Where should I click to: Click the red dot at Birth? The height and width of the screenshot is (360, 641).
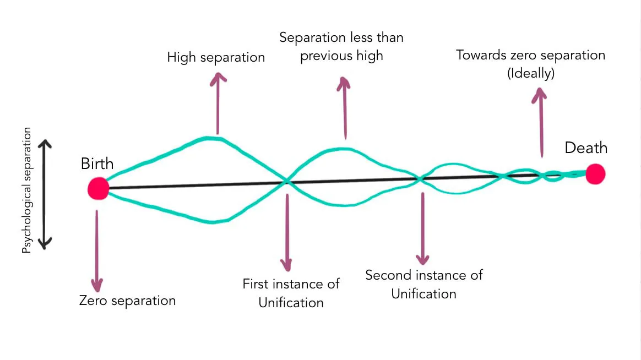point(99,188)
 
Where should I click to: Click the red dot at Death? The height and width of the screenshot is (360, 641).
point(595,174)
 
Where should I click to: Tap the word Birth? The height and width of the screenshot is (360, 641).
point(97,163)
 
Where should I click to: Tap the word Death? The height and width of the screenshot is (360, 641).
point(586,148)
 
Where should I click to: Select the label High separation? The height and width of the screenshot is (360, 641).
point(216,57)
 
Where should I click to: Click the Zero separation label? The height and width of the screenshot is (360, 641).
point(127,301)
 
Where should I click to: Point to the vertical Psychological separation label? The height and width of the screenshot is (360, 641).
point(27,190)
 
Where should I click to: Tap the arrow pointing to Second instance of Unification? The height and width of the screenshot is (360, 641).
point(423,229)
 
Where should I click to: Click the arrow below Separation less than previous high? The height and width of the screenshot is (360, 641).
point(345,107)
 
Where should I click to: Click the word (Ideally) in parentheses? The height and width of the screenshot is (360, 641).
point(530,73)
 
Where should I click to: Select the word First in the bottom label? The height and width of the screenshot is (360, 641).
point(256,285)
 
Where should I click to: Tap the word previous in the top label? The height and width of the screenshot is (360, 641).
point(325,56)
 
